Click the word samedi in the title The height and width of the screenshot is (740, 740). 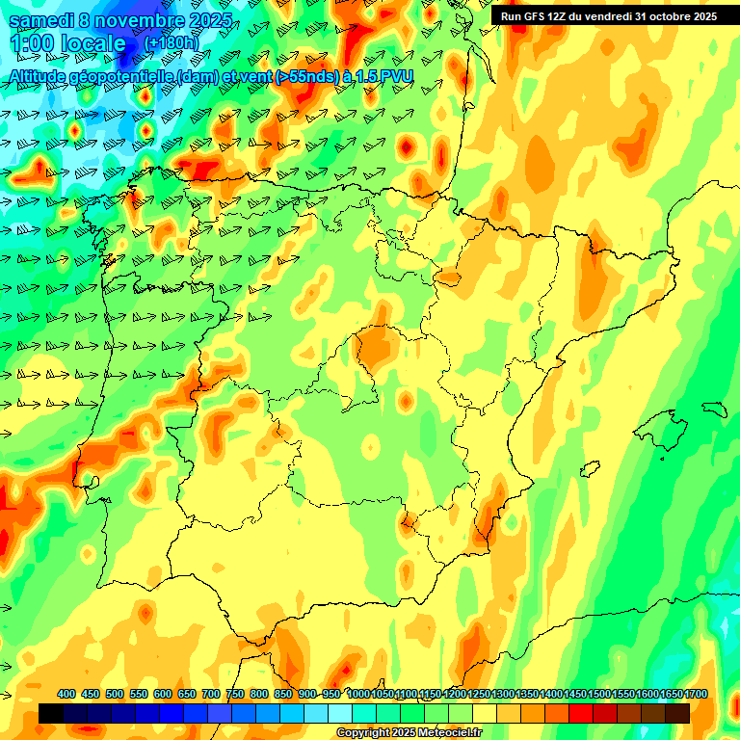click(45, 20)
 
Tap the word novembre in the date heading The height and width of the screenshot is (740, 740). click(143, 20)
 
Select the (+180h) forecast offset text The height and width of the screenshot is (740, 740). click(172, 43)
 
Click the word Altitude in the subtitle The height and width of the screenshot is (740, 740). click(44, 77)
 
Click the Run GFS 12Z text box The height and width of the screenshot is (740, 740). click(608, 16)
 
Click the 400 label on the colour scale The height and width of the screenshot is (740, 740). click(66, 695)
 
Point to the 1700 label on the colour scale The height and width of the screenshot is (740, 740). click(670, 695)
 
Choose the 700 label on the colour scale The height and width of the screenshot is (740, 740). click(211, 695)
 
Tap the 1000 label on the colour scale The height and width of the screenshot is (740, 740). click(357, 695)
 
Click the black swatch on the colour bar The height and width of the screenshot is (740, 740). click(51, 713)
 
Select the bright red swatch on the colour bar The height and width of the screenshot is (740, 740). click(581, 713)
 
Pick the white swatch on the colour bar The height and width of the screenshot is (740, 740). click(340, 713)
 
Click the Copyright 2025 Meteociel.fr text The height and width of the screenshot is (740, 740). click(408, 732)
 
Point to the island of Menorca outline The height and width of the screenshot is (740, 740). click(714, 408)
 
